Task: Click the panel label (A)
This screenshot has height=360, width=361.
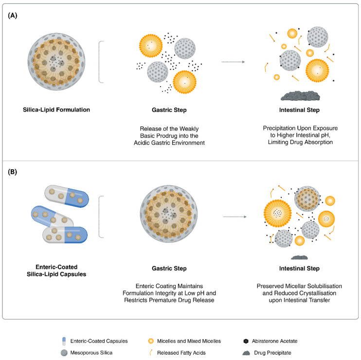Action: click(x=13, y=16)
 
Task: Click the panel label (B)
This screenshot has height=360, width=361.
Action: click(x=13, y=172)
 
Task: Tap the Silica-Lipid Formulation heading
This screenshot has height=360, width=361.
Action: click(x=56, y=110)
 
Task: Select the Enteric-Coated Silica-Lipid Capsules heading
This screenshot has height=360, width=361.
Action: click(x=56, y=270)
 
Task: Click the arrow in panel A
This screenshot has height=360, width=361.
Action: click(x=233, y=62)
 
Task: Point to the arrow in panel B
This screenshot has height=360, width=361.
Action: click(x=235, y=217)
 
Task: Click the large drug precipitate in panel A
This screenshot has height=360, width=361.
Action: click(x=300, y=96)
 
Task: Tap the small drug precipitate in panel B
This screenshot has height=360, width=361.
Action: click(x=299, y=257)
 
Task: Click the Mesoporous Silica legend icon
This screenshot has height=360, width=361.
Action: click(x=64, y=353)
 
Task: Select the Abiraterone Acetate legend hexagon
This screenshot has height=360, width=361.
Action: click(x=246, y=341)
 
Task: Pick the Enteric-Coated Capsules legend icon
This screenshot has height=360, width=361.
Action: click(x=64, y=341)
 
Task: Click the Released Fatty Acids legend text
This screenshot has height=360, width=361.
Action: click(x=181, y=353)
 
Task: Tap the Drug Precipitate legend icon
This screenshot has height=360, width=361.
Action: click(x=246, y=353)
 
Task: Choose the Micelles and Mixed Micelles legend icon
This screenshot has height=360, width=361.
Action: click(x=151, y=341)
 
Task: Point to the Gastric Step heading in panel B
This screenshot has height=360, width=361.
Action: click(x=169, y=269)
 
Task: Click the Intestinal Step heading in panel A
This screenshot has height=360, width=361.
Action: click(x=299, y=110)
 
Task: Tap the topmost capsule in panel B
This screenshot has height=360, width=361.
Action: click(x=67, y=196)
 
